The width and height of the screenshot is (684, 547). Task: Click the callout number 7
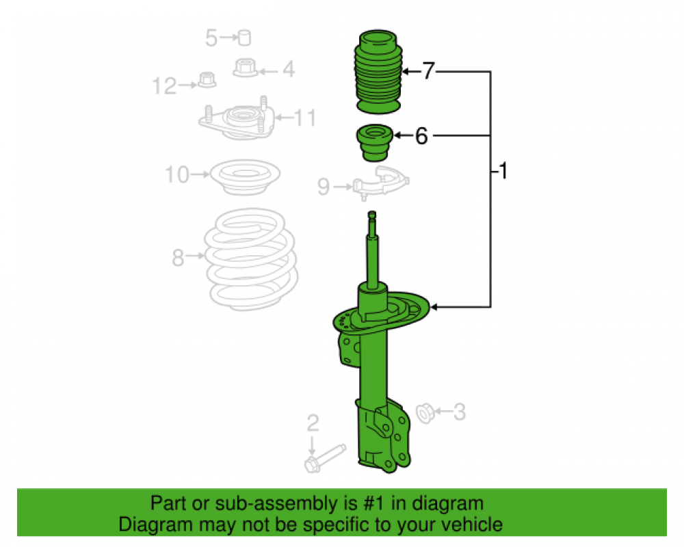[428, 71]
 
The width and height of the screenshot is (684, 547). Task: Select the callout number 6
[421, 137]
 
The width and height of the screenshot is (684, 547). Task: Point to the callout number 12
[164, 85]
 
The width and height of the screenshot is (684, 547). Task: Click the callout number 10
[176, 176]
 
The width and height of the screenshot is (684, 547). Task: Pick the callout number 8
[179, 258]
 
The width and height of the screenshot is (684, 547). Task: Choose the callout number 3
[460, 412]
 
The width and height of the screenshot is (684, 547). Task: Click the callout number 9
[324, 185]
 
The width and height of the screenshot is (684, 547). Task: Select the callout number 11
[306, 118]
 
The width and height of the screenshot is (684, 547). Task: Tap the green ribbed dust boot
[377, 72]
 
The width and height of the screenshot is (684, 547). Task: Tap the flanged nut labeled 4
[246, 68]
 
